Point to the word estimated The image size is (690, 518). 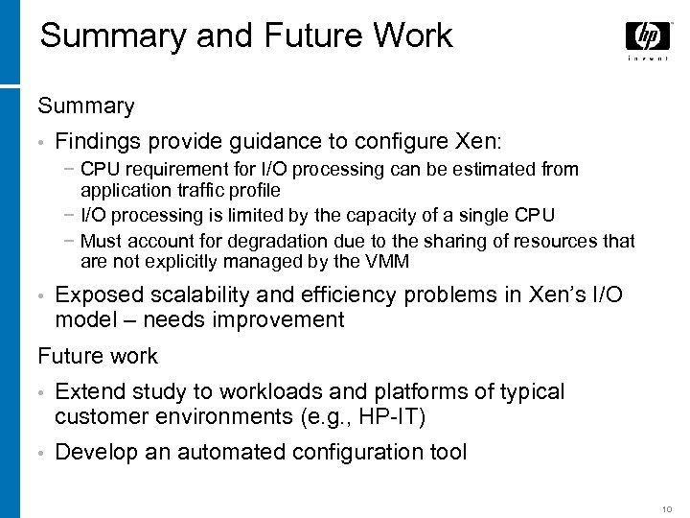click(x=489, y=170)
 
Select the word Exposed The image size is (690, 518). click(x=99, y=295)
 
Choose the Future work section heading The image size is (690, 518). click(x=98, y=356)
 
